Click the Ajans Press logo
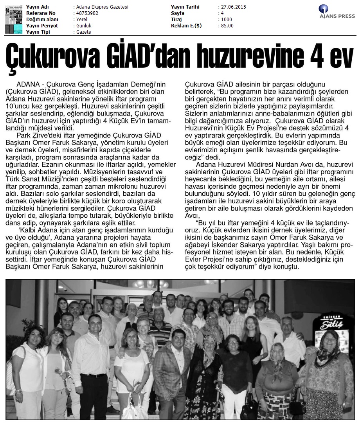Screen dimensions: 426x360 [x=337, y=11]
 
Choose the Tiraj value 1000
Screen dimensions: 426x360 [x=226, y=20]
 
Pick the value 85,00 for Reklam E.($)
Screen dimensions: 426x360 [x=227, y=26]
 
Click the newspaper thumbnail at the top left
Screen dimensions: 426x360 [x=14, y=19]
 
